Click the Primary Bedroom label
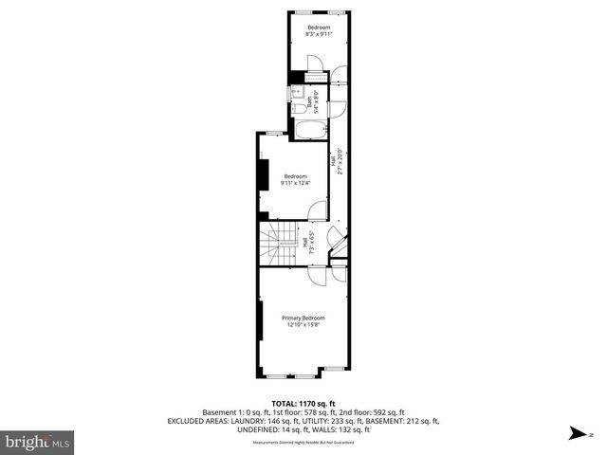pos(303,318)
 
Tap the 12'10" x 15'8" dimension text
pos(303,325)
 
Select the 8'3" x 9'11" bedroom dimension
pos(318,34)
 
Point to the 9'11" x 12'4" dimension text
pos(295,183)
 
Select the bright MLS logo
pos(38,442)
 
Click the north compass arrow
pos(575,435)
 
